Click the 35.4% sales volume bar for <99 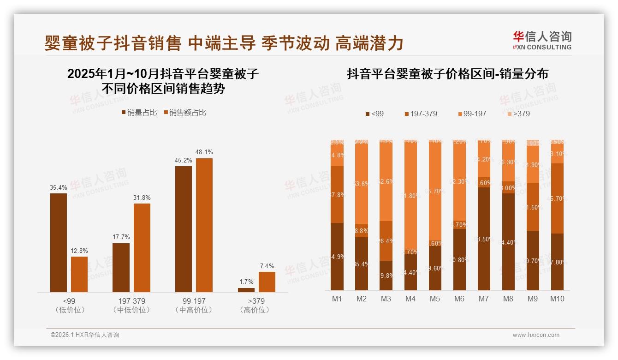click(x=59, y=242)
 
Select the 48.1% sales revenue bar click(x=204, y=225)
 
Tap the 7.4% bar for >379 click(x=267, y=282)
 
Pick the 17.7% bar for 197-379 click(x=121, y=267)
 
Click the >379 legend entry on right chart click(x=519, y=114)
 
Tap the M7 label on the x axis click(x=483, y=299)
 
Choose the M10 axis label click(x=557, y=299)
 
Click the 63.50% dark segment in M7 click(x=483, y=239)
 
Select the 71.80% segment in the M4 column click(x=410, y=196)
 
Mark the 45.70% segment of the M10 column click(x=557, y=198)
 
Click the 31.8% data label click(x=142, y=198)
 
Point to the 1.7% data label click(x=246, y=282)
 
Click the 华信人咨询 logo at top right click(x=542, y=40)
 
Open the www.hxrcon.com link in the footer click(x=536, y=335)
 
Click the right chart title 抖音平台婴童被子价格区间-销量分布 click(x=447, y=74)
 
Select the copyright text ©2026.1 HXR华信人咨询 click(x=85, y=335)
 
